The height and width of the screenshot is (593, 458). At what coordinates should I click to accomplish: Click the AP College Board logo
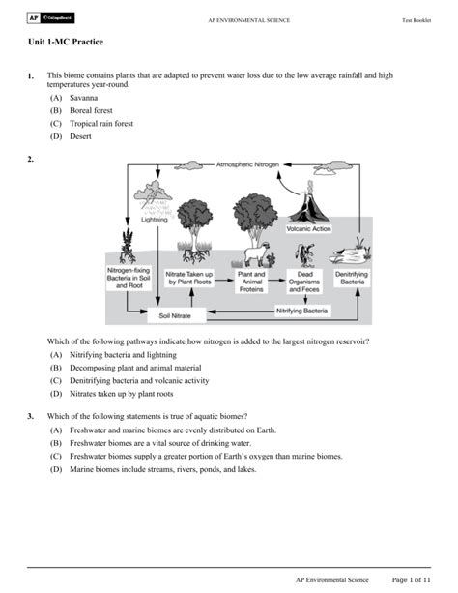(50, 17)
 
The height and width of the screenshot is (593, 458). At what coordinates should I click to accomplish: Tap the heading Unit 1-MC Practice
(66, 42)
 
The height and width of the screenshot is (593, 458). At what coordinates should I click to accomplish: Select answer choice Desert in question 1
(80, 136)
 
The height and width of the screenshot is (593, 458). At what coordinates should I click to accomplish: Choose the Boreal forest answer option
(91, 110)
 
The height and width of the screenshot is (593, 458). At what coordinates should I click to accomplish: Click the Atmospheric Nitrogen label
(247, 164)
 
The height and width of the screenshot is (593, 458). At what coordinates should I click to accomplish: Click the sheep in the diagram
(257, 254)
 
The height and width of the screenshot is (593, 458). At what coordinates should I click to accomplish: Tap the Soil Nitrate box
(176, 315)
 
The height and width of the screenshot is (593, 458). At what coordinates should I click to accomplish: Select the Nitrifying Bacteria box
(301, 311)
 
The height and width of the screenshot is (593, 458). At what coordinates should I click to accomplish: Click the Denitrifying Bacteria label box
(352, 278)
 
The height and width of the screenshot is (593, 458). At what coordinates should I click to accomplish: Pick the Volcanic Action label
(308, 229)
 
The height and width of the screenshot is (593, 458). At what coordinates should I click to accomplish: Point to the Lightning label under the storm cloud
(155, 220)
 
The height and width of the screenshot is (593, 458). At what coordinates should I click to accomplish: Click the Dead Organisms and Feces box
(304, 282)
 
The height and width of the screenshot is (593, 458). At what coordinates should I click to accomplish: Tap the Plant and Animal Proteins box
(251, 282)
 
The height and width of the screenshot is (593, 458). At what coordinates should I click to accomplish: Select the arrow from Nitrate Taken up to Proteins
(224, 281)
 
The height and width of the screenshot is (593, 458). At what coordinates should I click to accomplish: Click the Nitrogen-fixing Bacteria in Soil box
(129, 278)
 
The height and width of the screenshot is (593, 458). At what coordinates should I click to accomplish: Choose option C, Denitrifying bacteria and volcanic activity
(139, 381)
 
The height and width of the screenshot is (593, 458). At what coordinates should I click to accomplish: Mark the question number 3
(30, 416)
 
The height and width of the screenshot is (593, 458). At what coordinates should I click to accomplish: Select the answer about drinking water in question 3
(160, 443)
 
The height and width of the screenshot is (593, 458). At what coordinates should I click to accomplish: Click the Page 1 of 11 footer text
(412, 579)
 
